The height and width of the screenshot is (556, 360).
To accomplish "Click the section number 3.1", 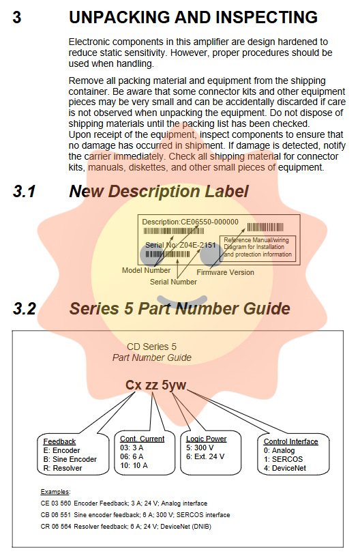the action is [x=24, y=192].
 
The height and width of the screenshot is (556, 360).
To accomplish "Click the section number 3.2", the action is [x=25, y=308].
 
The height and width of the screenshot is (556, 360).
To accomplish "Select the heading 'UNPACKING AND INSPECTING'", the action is [x=193, y=17].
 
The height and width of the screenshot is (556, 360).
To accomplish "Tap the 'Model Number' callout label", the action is [x=146, y=270].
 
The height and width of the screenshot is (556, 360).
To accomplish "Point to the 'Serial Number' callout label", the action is [x=173, y=282].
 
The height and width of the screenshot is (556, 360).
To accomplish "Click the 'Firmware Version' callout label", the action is [x=226, y=272].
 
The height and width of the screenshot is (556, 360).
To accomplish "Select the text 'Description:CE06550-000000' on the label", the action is [x=190, y=222].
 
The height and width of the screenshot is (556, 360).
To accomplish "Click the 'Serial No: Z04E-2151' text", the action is [x=181, y=245].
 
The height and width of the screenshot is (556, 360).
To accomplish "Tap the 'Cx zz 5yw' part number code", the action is [x=155, y=385].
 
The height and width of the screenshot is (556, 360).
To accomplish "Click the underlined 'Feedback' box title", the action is [x=59, y=441].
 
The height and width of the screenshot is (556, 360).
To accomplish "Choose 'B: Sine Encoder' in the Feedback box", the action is [x=70, y=459].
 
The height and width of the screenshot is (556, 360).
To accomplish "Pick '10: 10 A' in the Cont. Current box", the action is [x=134, y=465].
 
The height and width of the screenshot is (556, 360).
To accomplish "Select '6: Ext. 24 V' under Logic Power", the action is [x=205, y=456].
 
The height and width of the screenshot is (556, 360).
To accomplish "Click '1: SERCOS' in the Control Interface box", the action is [x=283, y=459].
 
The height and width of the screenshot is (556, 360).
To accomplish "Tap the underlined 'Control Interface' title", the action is [x=291, y=441].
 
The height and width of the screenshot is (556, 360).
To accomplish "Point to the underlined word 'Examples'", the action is [x=55, y=492].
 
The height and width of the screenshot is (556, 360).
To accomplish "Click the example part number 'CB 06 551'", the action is [x=56, y=515].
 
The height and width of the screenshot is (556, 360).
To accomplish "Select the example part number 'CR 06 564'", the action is [x=56, y=527].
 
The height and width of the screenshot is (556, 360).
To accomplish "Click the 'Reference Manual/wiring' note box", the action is [x=258, y=248].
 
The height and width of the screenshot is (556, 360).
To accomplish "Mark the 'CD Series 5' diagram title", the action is [x=151, y=347].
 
